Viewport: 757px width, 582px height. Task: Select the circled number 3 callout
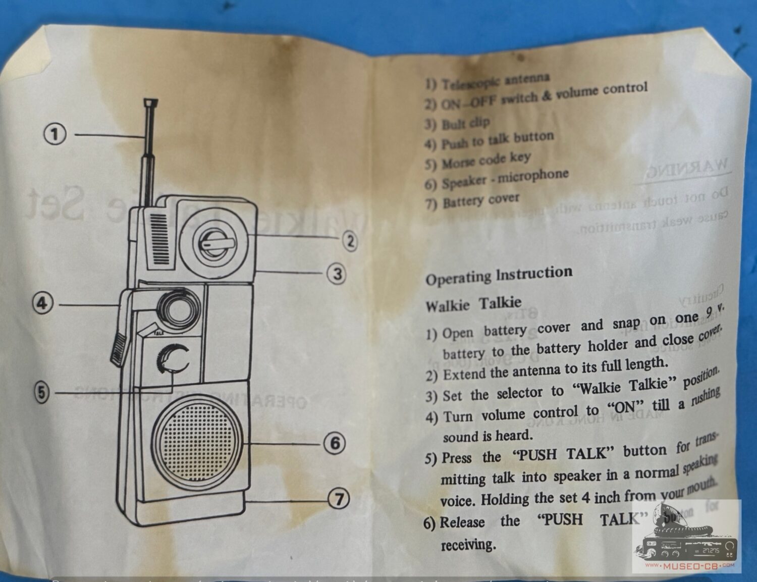pos(337,274)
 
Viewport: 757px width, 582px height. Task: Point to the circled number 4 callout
pos(42,304)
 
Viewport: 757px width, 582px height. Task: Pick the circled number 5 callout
pos(42,392)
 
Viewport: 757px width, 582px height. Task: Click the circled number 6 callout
pos(335,444)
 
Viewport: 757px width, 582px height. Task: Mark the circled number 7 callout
pos(339,499)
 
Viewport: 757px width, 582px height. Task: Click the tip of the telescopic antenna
pos(150,103)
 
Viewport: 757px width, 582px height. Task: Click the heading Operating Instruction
pos(499,275)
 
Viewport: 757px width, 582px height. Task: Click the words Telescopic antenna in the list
pos(495,81)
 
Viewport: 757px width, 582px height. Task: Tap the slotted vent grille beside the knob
pos(158,238)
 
